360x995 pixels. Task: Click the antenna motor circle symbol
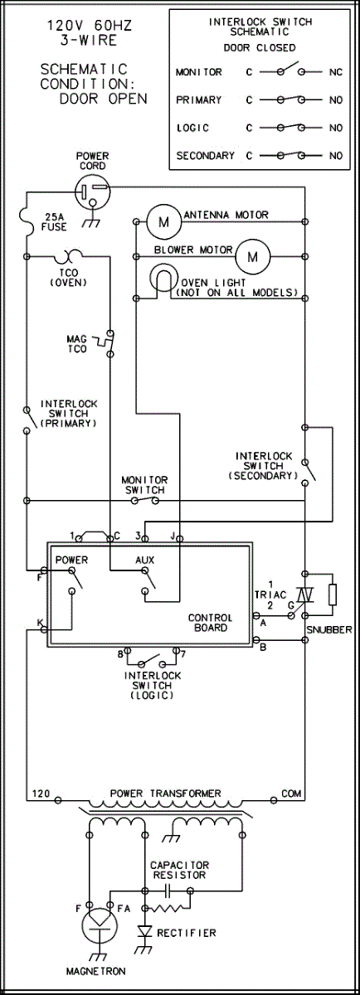click(164, 221)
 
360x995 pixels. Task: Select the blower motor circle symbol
click(252, 257)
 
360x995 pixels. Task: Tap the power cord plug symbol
click(92, 192)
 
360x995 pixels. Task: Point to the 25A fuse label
click(54, 222)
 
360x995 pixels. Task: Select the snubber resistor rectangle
click(332, 595)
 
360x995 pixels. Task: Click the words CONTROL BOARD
click(210, 623)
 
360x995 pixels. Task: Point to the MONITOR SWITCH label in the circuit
click(145, 485)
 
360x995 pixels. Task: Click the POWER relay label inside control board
click(71, 560)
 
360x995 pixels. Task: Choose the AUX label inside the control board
click(145, 561)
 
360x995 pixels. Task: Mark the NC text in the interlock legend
click(336, 72)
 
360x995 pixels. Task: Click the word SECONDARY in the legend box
click(206, 156)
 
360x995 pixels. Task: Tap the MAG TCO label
click(77, 344)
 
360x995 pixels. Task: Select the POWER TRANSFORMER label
click(165, 793)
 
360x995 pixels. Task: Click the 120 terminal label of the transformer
click(41, 794)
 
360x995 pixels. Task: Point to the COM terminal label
click(291, 793)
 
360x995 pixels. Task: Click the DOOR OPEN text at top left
click(104, 99)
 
